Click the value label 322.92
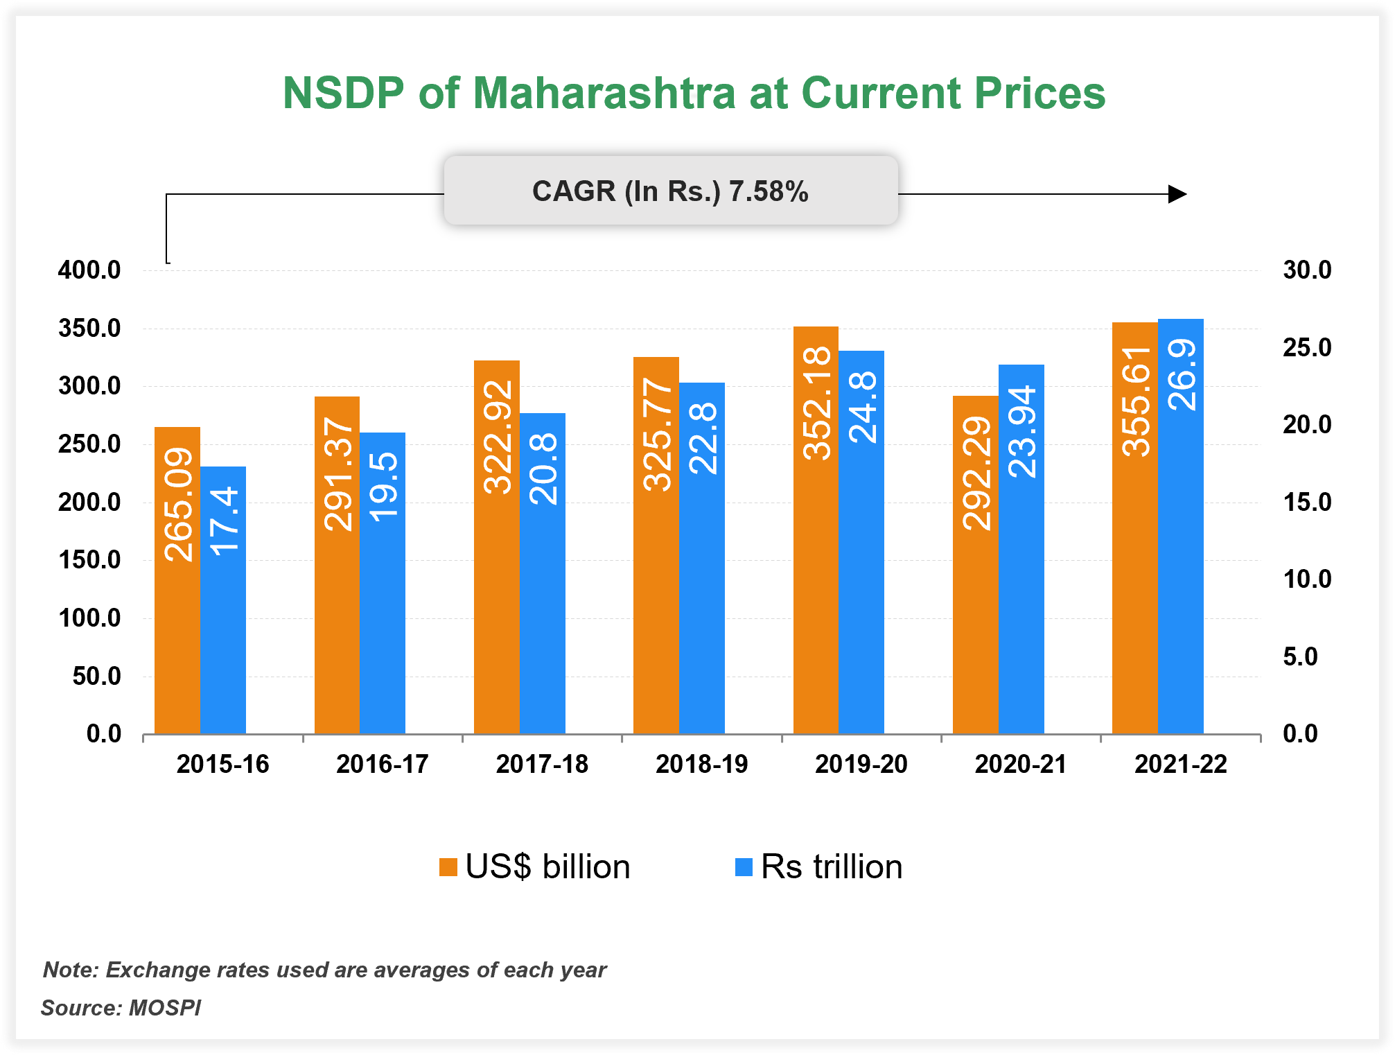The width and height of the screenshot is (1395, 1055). (498, 437)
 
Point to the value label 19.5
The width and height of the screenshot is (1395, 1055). (383, 486)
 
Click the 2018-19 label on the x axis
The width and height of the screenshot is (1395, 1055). (701, 764)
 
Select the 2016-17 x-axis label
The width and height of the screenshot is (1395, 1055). (382, 764)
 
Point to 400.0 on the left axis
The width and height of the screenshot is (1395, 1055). (89, 270)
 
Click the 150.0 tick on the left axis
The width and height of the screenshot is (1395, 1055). (89, 559)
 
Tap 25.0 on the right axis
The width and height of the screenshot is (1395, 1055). (1306, 347)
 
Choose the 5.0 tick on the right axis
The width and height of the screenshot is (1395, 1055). (1299, 656)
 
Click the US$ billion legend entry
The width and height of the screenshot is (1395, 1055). (535, 866)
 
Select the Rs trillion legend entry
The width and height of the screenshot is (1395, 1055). (819, 866)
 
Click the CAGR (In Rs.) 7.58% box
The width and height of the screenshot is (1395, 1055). (670, 191)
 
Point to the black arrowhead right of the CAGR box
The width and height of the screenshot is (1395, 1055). (1177, 194)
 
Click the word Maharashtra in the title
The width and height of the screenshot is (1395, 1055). (604, 93)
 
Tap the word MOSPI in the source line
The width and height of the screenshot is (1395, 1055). (165, 1007)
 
